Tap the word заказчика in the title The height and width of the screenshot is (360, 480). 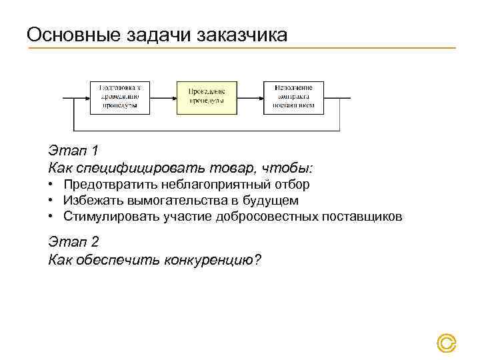[x=243, y=34]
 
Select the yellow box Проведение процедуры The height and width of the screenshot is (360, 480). [x=206, y=97]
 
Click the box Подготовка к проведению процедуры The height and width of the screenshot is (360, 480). [x=120, y=97]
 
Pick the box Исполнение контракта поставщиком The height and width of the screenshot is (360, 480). [x=293, y=97]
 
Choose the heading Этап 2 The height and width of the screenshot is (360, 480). [x=73, y=242]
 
